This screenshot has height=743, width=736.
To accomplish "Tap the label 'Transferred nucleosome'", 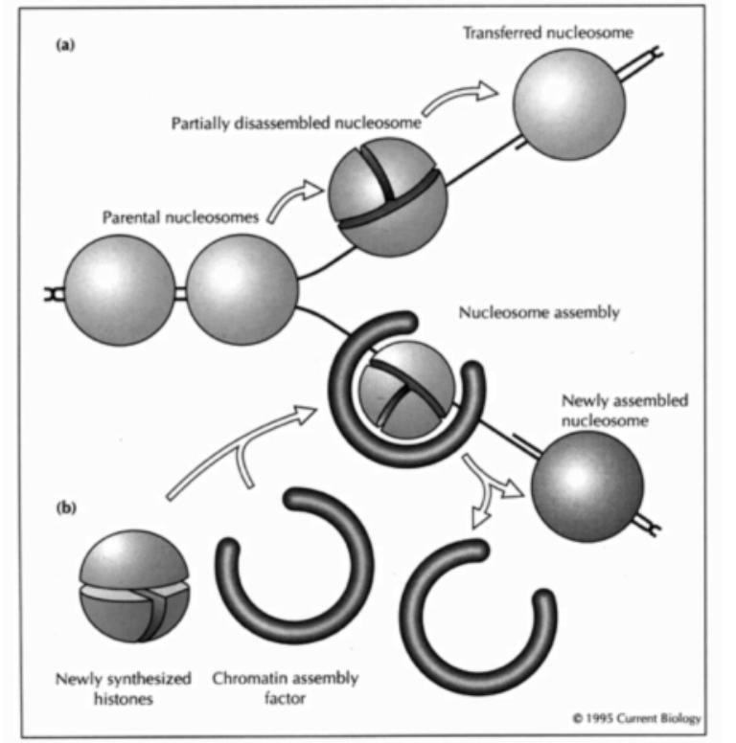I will pyautogui.click(x=547, y=34).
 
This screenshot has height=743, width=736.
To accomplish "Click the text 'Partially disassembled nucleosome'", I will pyautogui.click(x=296, y=124).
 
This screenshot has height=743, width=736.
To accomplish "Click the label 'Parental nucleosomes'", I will pyautogui.click(x=180, y=216).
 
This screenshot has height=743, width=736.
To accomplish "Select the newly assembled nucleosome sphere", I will pyautogui.click(x=586, y=484).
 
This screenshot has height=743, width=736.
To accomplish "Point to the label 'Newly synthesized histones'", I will pyautogui.click(x=123, y=687).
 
